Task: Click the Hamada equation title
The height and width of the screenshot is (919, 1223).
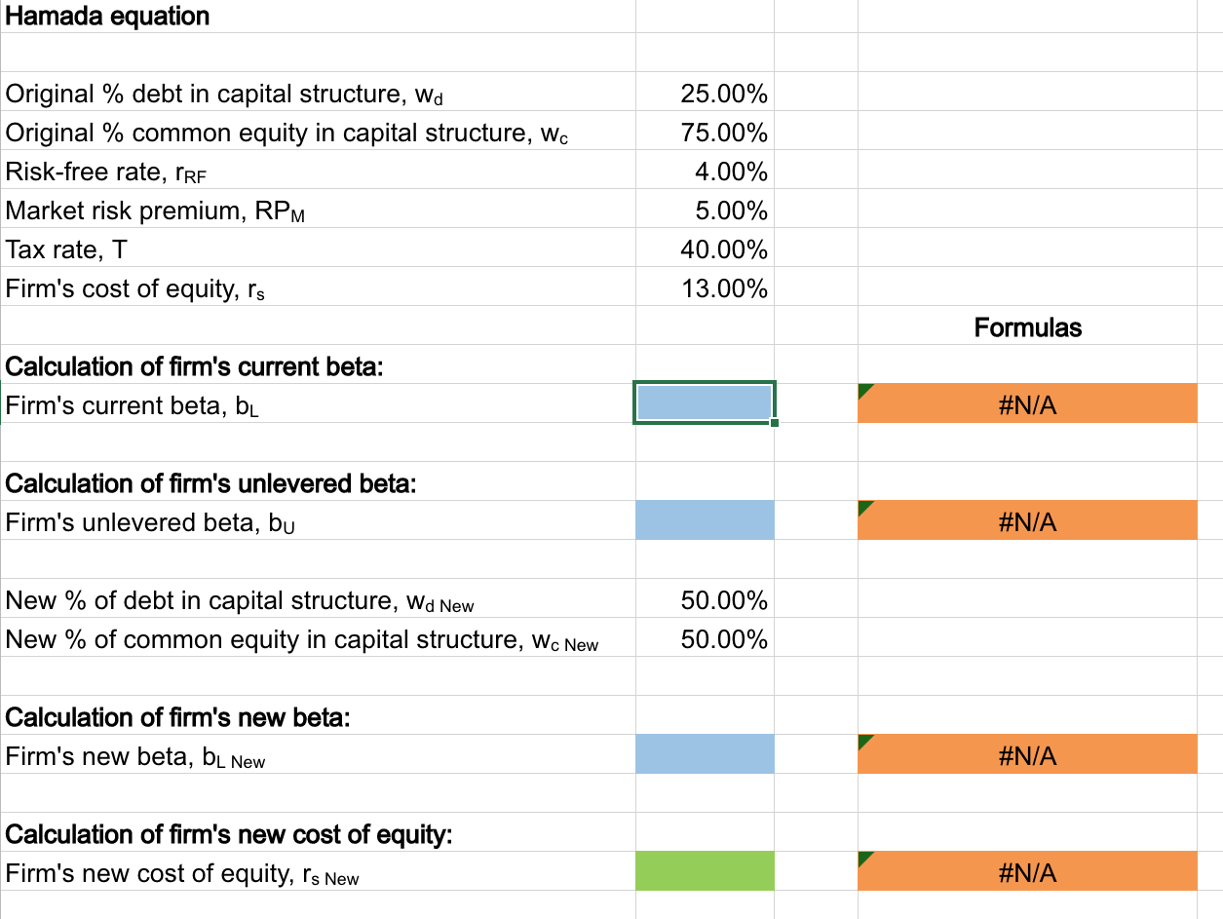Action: (107, 17)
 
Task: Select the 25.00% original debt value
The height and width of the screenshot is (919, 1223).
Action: (723, 95)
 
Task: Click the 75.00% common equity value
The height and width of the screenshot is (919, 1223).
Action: (723, 134)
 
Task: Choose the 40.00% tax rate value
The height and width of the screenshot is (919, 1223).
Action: (723, 250)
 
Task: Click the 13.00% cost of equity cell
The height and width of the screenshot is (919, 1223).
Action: (723, 289)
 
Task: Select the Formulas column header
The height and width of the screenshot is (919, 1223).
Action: (1027, 327)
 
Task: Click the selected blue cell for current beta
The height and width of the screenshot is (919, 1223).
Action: (704, 403)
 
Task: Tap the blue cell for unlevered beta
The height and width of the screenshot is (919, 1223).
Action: (704, 520)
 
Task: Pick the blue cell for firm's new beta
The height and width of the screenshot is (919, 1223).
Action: (704, 754)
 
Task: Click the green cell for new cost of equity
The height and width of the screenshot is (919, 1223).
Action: (704, 871)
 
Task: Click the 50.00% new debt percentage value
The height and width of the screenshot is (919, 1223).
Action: (723, 601)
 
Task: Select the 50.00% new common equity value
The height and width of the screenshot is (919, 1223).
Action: (723, 640)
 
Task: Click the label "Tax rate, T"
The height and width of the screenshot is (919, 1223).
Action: (66, 250)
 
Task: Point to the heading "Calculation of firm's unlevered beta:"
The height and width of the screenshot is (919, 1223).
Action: (210, 484)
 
